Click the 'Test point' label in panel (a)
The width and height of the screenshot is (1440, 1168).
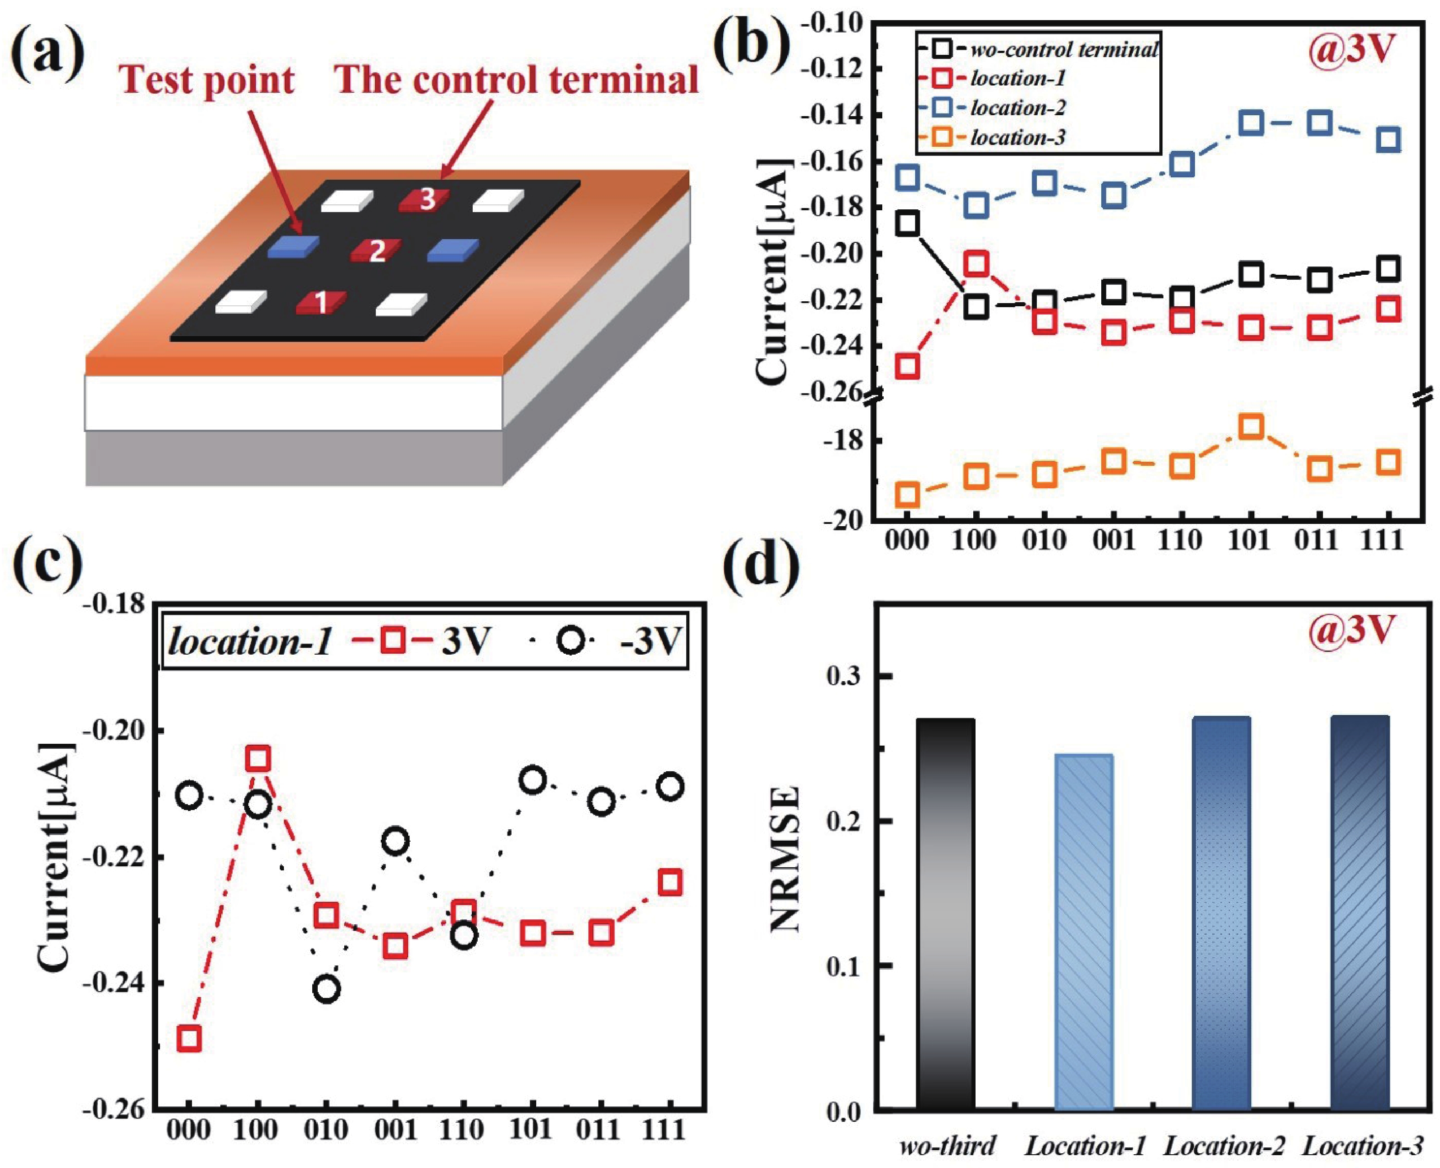(207, 80)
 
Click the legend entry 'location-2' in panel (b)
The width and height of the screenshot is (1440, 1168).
(1018, 107)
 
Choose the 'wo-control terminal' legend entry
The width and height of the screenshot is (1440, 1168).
(1063, 49)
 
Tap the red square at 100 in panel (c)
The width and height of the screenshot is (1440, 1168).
(258, 759)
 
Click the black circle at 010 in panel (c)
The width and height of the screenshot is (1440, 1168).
(327, 989)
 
